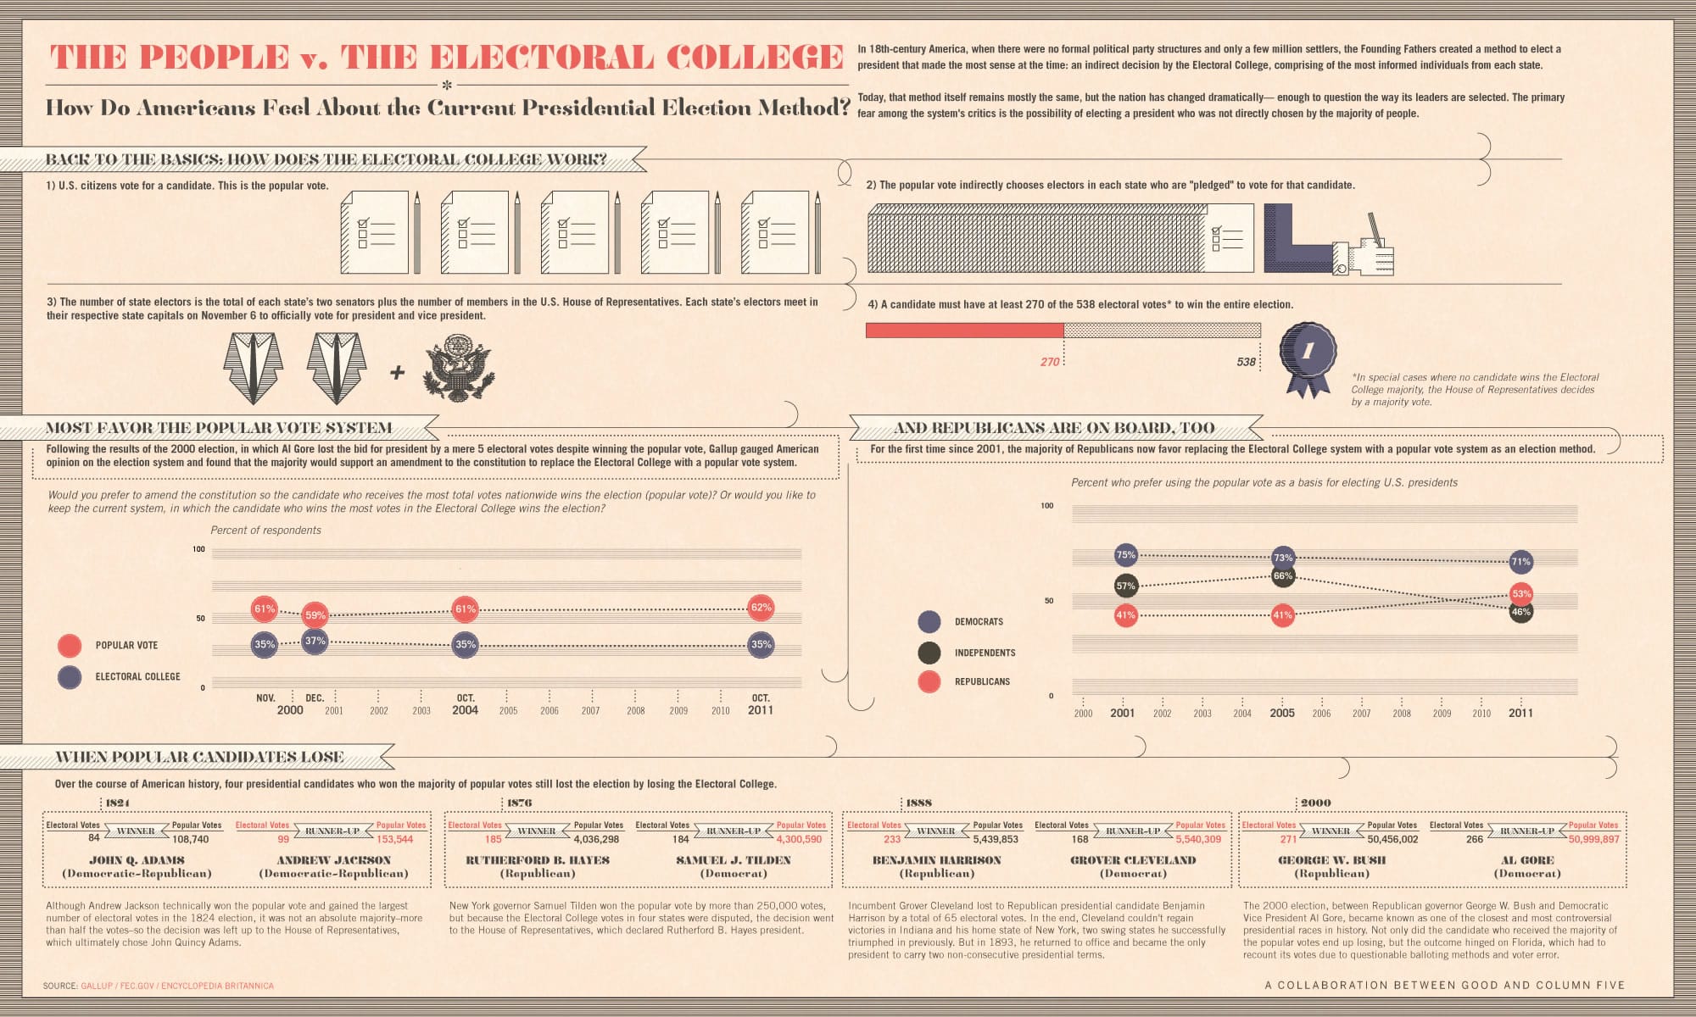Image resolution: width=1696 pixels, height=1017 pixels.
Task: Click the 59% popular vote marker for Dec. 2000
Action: coord(315,615)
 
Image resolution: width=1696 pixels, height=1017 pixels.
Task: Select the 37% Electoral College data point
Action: coord(315,641)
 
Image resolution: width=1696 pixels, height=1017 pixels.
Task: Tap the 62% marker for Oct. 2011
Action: coord(761,608)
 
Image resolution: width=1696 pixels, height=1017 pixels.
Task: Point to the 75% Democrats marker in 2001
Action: coord(1125,555)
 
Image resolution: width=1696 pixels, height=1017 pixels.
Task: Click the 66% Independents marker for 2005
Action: coord(1283,576)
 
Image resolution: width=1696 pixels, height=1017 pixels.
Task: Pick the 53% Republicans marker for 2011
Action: coord(1521,594)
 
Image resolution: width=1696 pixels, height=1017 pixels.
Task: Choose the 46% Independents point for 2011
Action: coord(1521,612)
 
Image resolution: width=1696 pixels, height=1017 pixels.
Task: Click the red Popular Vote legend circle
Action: coord(70,646)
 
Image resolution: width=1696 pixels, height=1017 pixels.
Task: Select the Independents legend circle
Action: coord(929,653)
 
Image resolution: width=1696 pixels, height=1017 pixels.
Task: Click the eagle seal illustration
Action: coord(459,369)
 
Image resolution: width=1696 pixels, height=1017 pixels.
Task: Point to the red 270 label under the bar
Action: coord(1050,362)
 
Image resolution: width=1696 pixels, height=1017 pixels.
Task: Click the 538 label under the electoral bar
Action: coord(1246,362)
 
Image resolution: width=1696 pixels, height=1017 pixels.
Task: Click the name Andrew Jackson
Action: coord(333,860)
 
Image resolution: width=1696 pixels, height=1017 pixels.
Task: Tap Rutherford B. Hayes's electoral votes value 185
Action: coord(494,840)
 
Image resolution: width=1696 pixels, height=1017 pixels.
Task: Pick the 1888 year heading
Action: coord(918,803)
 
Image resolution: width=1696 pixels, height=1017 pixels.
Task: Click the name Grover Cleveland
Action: coord(1133,860)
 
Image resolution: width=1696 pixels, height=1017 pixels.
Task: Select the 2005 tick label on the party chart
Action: coord(1282,714)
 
